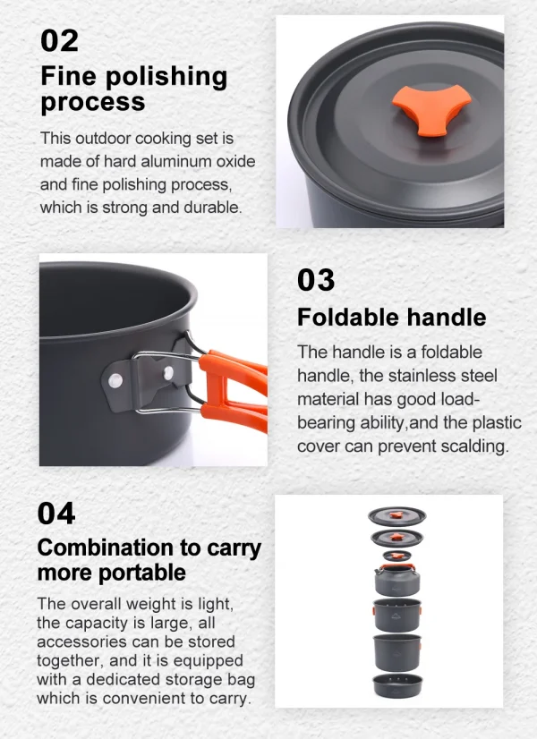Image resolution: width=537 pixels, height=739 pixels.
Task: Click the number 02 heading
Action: (x=59, y=40)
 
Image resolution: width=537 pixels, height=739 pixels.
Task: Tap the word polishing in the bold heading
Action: (x=166, y=77)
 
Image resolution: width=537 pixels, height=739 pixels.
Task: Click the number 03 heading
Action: (x=316, y=280)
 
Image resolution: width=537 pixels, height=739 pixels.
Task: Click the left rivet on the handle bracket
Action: (x=115, y=380)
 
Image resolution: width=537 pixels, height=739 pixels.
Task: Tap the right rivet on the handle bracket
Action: (x=168, y=373)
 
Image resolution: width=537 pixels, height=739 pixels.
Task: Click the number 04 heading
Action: (x=56, y=514)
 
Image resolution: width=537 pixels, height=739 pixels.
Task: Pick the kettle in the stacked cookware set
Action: (x=397, y=580)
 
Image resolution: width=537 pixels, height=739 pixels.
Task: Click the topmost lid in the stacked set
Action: (x=397, y=516)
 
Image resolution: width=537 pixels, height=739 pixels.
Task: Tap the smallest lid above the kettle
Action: (x=397, y=556)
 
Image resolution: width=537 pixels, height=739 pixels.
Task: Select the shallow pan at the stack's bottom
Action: (x=397, y=685)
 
